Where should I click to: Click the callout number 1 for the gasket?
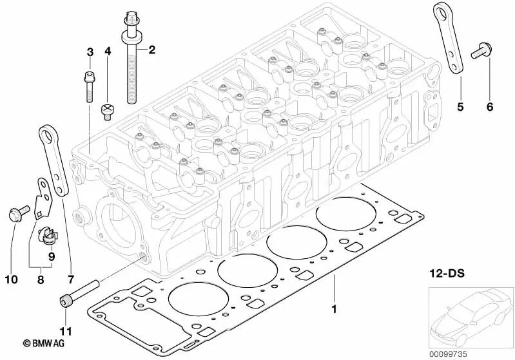pos(334,310)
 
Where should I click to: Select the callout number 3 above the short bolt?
pos(90,52)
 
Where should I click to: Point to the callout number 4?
pos(108,52)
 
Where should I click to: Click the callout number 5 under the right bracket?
pos(460,107)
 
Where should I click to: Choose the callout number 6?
pos(489,107)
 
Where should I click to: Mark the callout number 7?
pos(71,279)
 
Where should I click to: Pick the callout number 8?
pos(40,279)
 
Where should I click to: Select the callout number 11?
pos(65,332)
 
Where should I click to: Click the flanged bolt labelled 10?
pos(15,213)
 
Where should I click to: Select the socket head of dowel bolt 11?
pos(65,299)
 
